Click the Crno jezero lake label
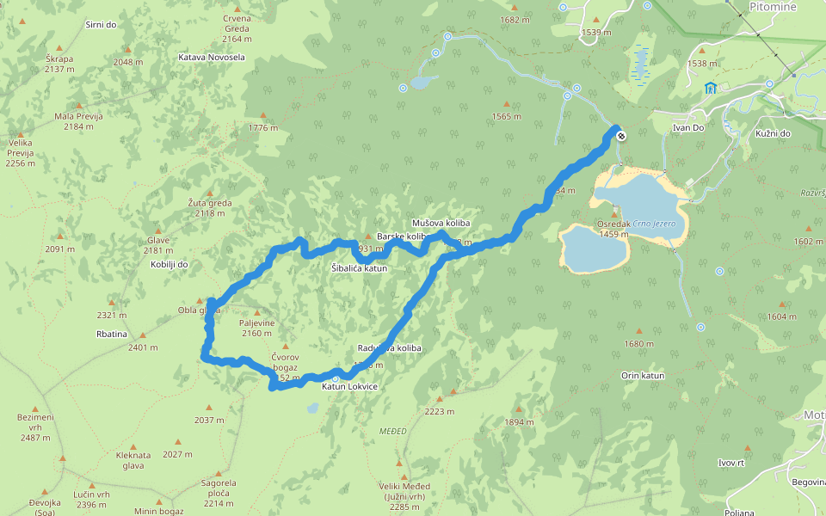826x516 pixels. pyautogui.click(x=661, y=224)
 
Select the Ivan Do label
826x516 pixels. pyautogui.click(x=688, y=128)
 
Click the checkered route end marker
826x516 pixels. pyautogui.click(x=620, y=135)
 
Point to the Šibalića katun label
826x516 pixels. pyautogui.click(x=359, y=268)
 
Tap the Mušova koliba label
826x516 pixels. pyautogui.click(x=441, y=223)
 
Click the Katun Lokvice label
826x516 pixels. pyautogui.click(x=349, y=387)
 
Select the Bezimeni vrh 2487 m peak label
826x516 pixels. pyautogui.click(x=35, y=427)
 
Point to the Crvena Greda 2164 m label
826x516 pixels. pyautogui.click(x=236, y=28)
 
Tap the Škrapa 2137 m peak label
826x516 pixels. pyautogui.click(x=59, y=64)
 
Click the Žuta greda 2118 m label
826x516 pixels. pyautogui.click(x=210, y=208)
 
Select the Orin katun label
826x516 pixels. pyautogui.click(x=643, y=376)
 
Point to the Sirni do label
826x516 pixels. pyautogui.click(x=101, y=24)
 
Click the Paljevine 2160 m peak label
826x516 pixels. pyautogui.click(x=256, y=328)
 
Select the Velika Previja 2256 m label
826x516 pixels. pyautogui.click(x=20, y=152)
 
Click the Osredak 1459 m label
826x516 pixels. pyautogui.click(x=613, y=229)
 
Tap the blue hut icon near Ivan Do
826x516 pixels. pyautogui.click(x=710, y=88)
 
